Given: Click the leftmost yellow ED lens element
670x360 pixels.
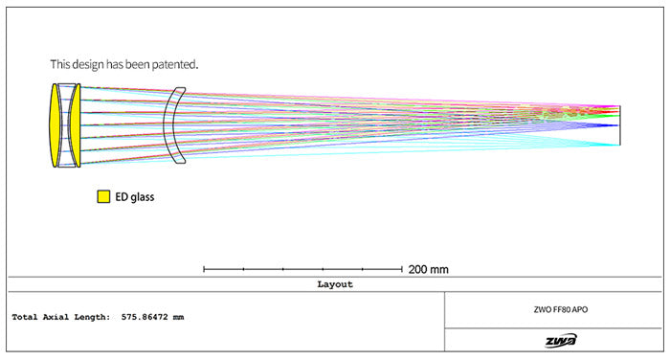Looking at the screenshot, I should (56, 125).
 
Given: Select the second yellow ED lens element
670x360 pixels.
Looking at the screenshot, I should (74, 125).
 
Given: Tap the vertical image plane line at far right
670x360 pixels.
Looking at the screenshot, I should (620, 125).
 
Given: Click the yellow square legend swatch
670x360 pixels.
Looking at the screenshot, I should (102, 197).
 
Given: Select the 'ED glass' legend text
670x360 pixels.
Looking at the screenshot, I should (134, 197).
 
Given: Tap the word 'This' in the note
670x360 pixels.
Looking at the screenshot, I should (60, 64).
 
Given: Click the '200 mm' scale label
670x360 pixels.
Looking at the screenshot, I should (429, 269).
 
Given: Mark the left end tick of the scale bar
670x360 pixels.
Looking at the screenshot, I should (205, 269).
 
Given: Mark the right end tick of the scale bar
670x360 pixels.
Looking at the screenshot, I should (401, 269).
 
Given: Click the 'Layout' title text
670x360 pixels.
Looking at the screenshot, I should (335, 284).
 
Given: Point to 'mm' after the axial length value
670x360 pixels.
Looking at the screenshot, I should (178, 317).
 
